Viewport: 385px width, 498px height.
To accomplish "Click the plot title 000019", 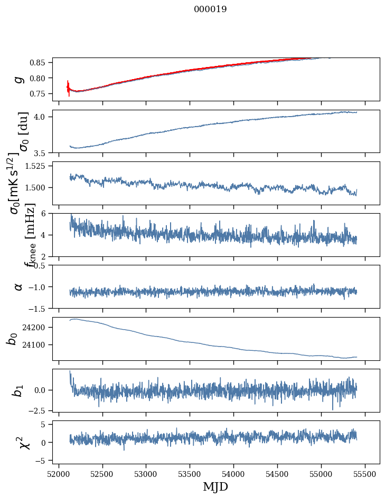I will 210,9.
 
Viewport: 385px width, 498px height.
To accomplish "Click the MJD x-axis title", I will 215,487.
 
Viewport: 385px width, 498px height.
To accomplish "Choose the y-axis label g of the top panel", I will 19,79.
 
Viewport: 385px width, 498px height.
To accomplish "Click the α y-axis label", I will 19,286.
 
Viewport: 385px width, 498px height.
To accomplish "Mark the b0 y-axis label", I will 12,339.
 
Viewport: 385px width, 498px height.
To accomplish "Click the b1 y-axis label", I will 19,390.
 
